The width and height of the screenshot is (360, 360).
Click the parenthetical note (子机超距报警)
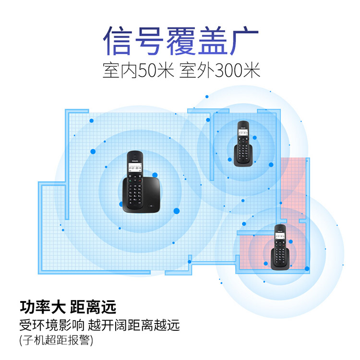pos(57,341)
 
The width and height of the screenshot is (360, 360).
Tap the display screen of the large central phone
pos(135,168)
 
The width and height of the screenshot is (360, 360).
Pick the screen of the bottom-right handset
pos(280,236)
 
